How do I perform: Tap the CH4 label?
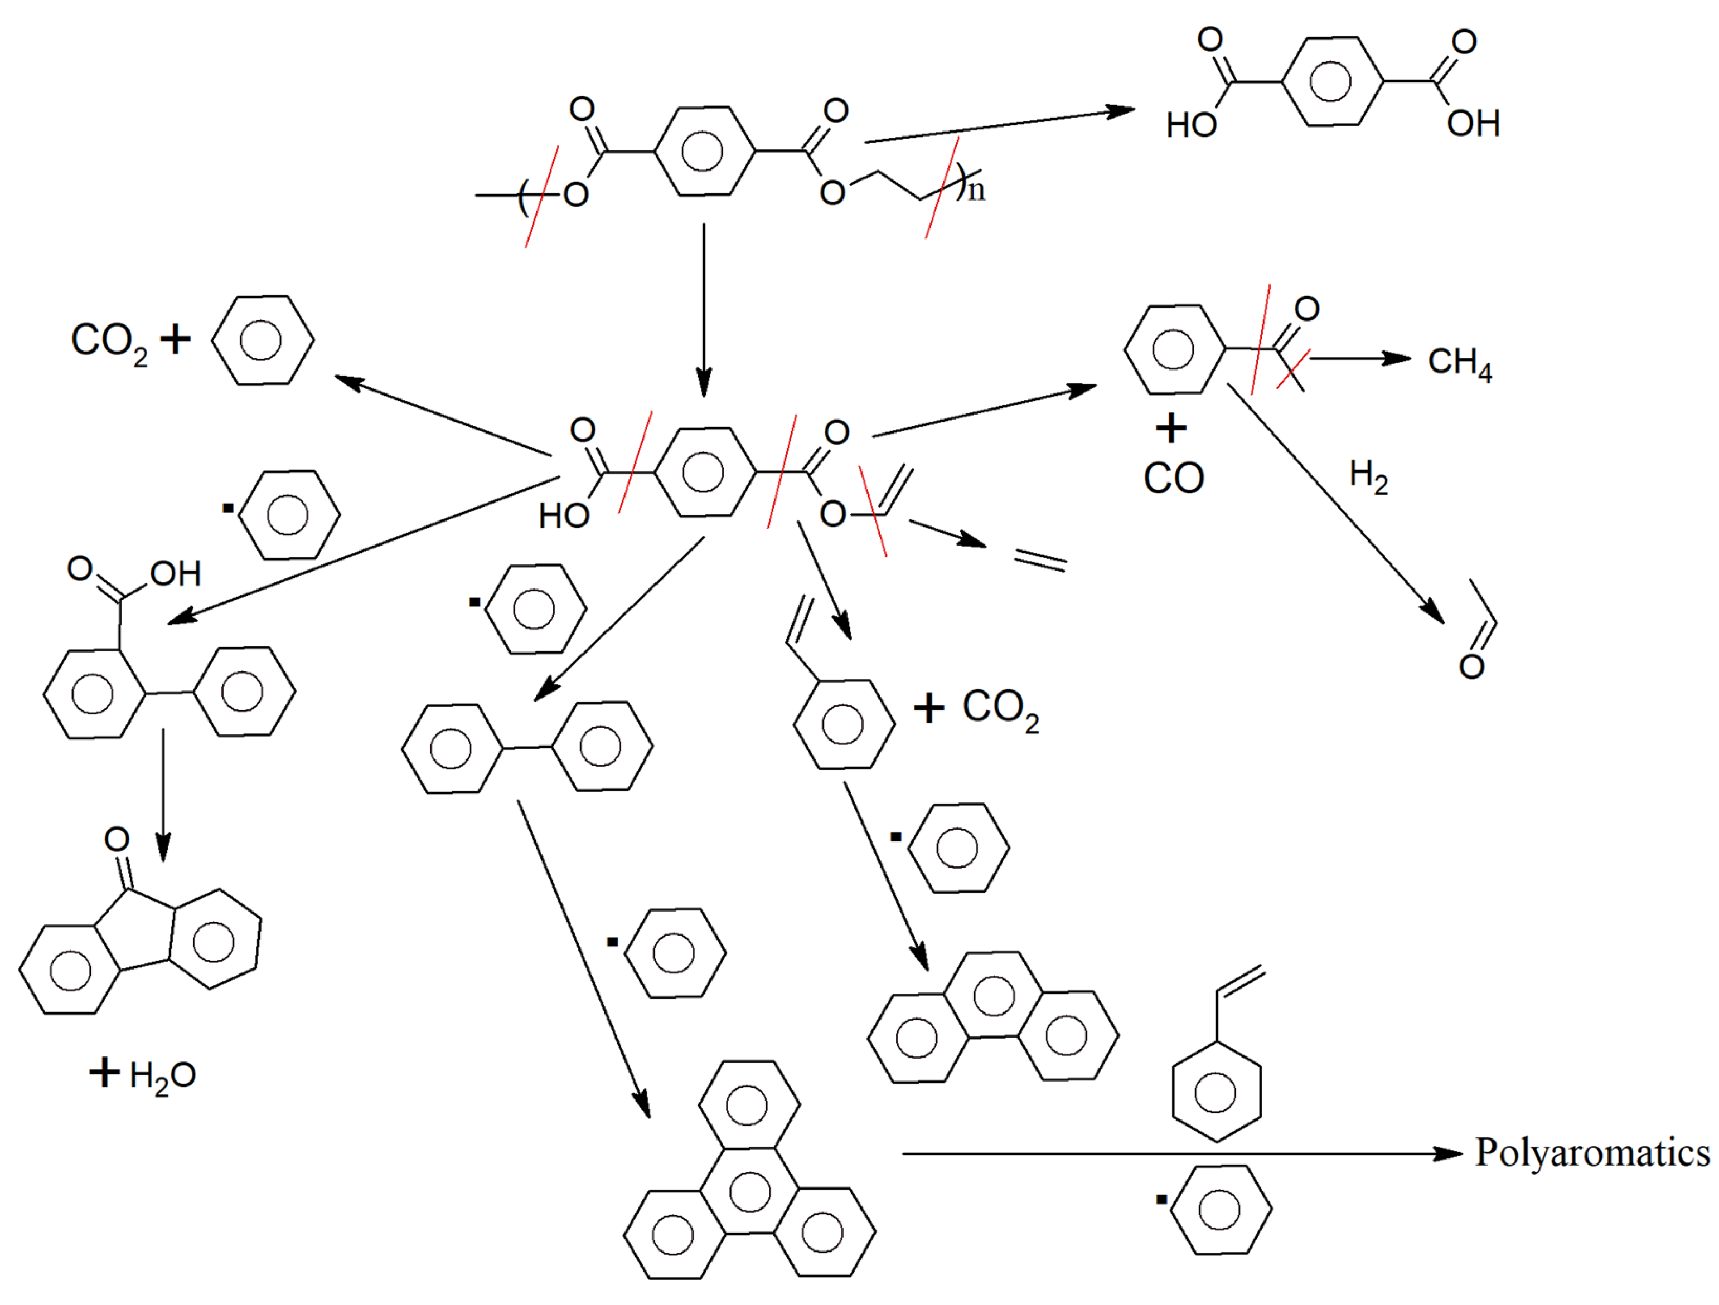click(1459, 362)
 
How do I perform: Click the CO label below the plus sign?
click(1174, 479)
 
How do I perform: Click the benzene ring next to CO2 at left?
click(263, 340)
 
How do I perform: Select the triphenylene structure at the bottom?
click(749, 1193)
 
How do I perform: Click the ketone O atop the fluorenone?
click(117, 839)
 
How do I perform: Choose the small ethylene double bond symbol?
click(1040, 561)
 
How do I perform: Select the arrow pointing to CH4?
click(1360, 358)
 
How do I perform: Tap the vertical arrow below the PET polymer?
click(704, 311)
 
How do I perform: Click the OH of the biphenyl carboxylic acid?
click(176, 574)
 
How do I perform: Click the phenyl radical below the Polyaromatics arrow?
click(1220, 1210)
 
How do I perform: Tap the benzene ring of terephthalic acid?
click(1332, 81)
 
